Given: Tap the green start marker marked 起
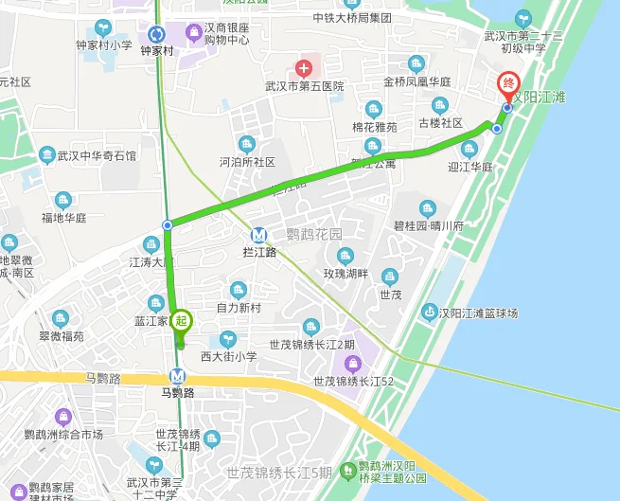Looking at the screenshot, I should click(x=182, y=321).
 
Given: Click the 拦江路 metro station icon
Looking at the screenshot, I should click(x=258, y=235).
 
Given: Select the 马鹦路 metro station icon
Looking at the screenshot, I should click(x=178, y=375).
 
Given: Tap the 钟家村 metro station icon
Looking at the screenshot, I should click(x=157, y=34).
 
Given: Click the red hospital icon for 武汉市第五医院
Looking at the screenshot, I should click(x=303, y=68).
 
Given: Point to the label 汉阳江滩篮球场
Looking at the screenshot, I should click(x=483, y=313).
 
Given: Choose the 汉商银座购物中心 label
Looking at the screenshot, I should click(x=219, y=33).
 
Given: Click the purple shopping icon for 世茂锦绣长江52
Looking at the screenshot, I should click(x=352, y=364).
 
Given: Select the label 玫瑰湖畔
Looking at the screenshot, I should click(x=344, y=275).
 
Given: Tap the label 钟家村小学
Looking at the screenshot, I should click(x=104, y=45).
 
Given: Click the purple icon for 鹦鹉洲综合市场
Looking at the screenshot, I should click(x=63, y=416).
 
